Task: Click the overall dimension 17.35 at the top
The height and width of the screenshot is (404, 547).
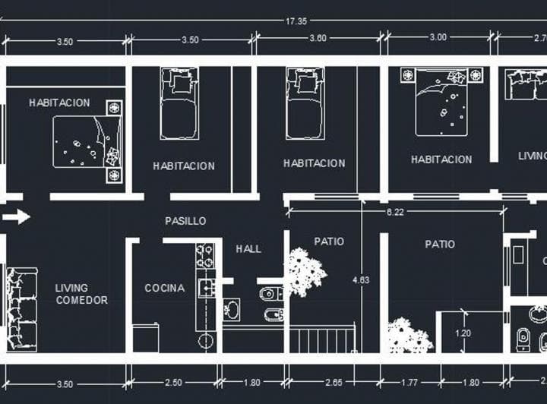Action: [x=296, y=21]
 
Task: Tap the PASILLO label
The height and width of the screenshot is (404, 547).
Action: [x=185, y=221]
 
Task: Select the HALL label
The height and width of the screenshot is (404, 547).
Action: [x=248, y=248]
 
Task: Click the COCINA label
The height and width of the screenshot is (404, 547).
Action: [x=164, y=288]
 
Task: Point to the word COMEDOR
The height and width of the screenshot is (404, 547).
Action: [x=81, y=300]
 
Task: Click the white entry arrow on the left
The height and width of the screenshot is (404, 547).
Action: [x=16, y=217]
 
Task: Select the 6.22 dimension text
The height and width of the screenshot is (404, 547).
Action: [x=395, y=213]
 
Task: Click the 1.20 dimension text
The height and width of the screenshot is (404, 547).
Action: [x=462, y=332]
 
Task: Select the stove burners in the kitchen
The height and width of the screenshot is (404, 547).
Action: [x=204, y=257]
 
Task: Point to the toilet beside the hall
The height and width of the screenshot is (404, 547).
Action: [x=270, y=294]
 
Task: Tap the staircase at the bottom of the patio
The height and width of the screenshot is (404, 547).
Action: [x=322, y=339]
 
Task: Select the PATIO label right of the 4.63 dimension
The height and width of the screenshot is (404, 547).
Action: [x=440, y=244]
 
